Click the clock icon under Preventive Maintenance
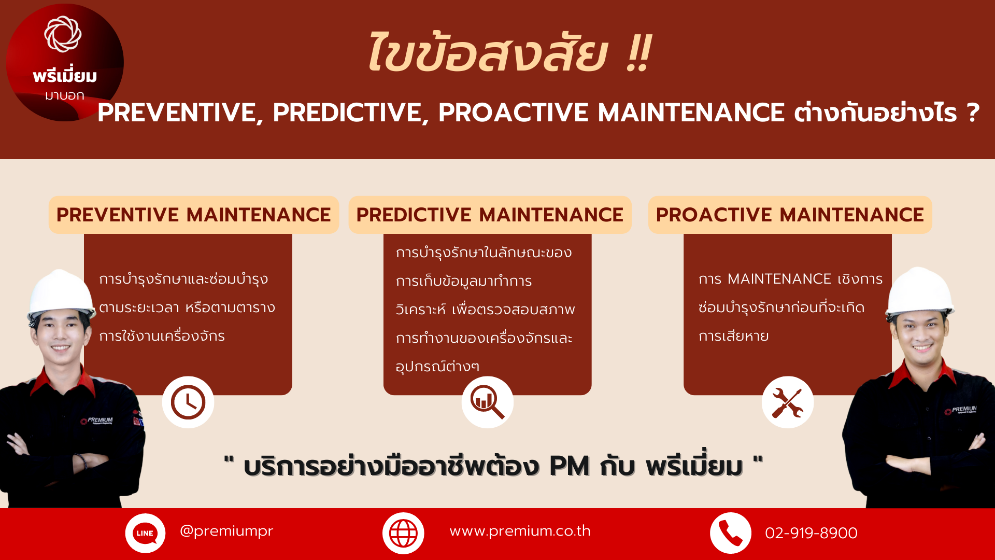point(188,402)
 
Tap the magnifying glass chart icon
point(487,402)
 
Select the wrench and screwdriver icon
point(787,403)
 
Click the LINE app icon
point(145,533)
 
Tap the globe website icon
point(403,533)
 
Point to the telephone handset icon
point(730,533)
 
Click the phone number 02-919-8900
point(811,533)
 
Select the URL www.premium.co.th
point(520,531)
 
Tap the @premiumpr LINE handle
point(226,531)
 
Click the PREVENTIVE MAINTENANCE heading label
point(194,215)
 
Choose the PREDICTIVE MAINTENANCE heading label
point(490,215)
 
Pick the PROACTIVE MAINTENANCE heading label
point(790,215)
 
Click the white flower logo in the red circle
point(63,34)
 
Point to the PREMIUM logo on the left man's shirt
point(97,421)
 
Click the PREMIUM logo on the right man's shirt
point(961,410)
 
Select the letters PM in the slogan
point(570,466)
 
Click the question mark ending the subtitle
point(973,113)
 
